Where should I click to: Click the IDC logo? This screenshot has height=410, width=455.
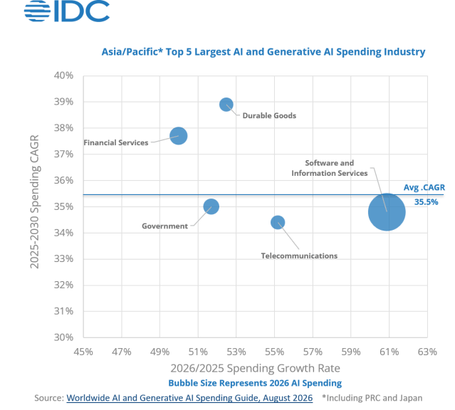67,11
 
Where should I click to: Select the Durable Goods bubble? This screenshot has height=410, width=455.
226,105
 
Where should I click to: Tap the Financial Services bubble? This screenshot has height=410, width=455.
179,136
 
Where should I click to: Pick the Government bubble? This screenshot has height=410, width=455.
211,206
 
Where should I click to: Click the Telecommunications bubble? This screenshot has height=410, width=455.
278,223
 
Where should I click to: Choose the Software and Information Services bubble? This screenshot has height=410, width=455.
387,212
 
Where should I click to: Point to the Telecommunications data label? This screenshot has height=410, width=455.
299,256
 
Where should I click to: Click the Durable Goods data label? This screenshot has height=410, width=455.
269,116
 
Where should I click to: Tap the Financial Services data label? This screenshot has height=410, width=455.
116,143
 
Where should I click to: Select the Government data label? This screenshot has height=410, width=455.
164,226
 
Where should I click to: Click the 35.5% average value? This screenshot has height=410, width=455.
426,202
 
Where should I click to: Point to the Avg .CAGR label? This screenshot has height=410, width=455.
424,187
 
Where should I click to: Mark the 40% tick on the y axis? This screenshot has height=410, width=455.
63,75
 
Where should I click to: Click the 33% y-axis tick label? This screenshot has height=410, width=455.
63,258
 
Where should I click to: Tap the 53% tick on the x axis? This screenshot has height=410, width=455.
236,352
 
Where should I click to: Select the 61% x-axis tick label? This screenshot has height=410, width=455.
389,352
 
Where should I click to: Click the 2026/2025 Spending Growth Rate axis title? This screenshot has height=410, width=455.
255,368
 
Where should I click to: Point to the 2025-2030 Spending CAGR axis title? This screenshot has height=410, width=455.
34,201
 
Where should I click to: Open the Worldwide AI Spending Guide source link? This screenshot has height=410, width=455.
189,398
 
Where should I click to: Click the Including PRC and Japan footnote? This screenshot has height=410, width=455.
372,398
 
